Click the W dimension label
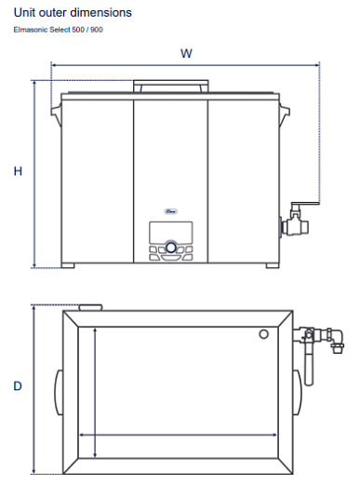(x=186, y=53)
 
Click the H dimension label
(x=18, y=171)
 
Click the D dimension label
(x=18, y=386)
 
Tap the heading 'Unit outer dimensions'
(x=73, y=13)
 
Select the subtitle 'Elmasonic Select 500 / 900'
(x=59, y=30)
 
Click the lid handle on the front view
(x=171, y=86)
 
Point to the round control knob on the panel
(x=170, y=248)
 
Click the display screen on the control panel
(x=171, y=232)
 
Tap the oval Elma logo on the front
(x=170, y=211)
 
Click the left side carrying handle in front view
(x=56, y=114)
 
